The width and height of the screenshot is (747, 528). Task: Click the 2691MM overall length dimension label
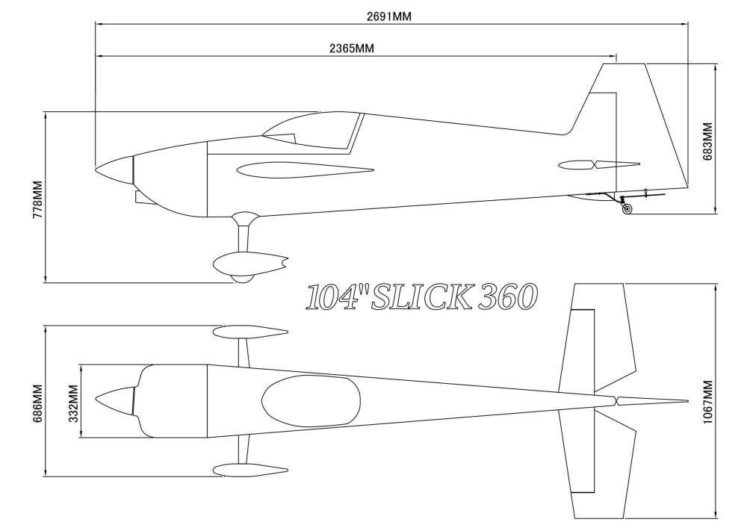[x=388, y=16]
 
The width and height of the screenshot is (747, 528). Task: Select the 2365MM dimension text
[x=352, y=49]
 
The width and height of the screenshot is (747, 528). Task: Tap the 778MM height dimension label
[x=37, y=199]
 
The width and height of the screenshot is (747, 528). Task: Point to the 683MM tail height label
[x=707, y=141]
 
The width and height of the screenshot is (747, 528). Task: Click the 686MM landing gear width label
[x=37, y=404]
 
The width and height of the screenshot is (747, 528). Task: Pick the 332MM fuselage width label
[x=74, y=404]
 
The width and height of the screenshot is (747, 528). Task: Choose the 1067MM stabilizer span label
[x=707, y=403]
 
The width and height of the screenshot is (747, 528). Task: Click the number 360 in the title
[x=508, y=296]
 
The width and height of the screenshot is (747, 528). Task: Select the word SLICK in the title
[x=422, y=296]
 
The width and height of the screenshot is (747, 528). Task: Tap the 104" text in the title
[x=334, y=297]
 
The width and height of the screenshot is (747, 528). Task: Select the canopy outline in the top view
[x=311, y=401]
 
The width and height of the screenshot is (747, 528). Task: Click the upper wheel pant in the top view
[x=250, y=332]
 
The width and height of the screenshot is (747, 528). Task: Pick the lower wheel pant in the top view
[x=250, y=470]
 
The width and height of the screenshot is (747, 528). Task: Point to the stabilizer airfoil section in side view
[x=599, y=165]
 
